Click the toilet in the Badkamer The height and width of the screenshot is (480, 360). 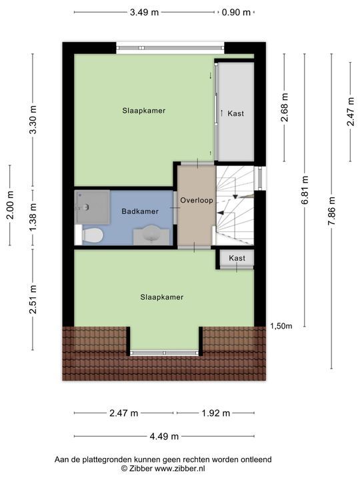pos(92,235)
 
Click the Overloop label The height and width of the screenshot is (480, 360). pos(195,199)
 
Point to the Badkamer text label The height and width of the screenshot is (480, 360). pos(140,211)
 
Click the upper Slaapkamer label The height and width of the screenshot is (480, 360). pos(143,111)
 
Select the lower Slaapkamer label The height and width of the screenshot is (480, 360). pos(161,297)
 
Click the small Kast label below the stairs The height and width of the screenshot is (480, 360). pos(237,258)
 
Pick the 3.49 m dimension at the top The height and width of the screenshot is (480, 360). pos(145,12)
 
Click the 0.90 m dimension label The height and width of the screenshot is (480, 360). pos(236,12)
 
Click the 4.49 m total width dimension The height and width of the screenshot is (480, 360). pos(164,437)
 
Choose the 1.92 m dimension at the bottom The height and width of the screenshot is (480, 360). pos(215,413)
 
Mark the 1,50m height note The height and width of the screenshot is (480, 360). pos(281,325)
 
